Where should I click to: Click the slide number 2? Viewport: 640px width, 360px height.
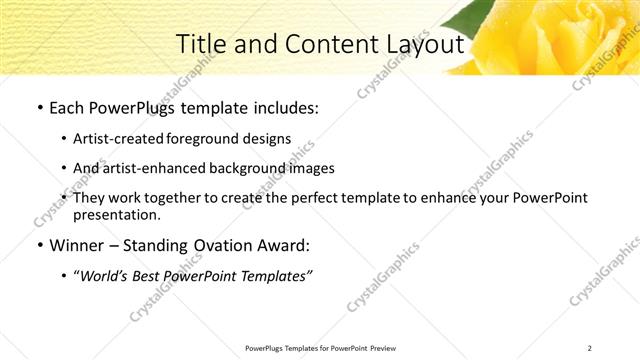coord(590,348)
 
